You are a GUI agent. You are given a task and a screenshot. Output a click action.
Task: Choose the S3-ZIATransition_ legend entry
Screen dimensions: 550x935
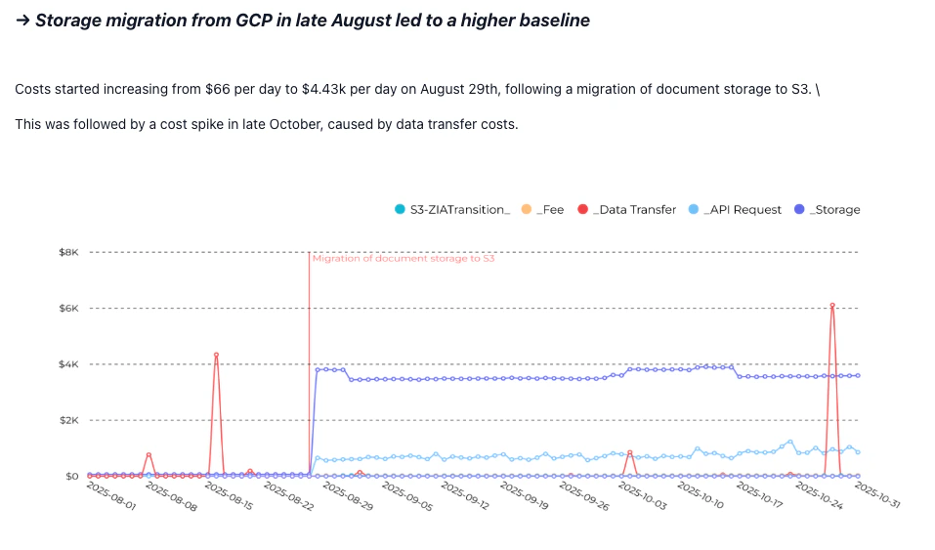[x=452, y=209]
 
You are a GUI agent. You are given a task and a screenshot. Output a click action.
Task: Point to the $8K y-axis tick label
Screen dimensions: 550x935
[x=67, y=252]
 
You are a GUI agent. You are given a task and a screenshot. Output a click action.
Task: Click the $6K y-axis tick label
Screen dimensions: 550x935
[x=67, y=309]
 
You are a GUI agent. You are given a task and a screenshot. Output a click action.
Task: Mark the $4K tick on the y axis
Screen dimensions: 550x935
[x=67, y=364]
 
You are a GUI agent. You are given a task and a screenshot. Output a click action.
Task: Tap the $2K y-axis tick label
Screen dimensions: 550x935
[x=67, y=420]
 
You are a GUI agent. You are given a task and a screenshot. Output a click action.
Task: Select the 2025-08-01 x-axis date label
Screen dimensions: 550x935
[x=110, y=497]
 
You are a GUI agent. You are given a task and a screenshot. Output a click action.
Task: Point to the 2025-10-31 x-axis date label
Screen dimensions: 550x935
[x=877, y=497]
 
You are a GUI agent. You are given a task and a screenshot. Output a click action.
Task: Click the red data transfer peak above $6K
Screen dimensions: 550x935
[x=832, y=305]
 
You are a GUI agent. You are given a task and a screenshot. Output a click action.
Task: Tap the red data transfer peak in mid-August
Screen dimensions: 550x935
[x=216, y=355]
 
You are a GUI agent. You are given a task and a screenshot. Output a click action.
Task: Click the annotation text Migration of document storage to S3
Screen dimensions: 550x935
[x=403, y=259]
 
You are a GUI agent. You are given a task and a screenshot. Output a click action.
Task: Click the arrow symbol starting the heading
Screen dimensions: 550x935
[x=22, y=21]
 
